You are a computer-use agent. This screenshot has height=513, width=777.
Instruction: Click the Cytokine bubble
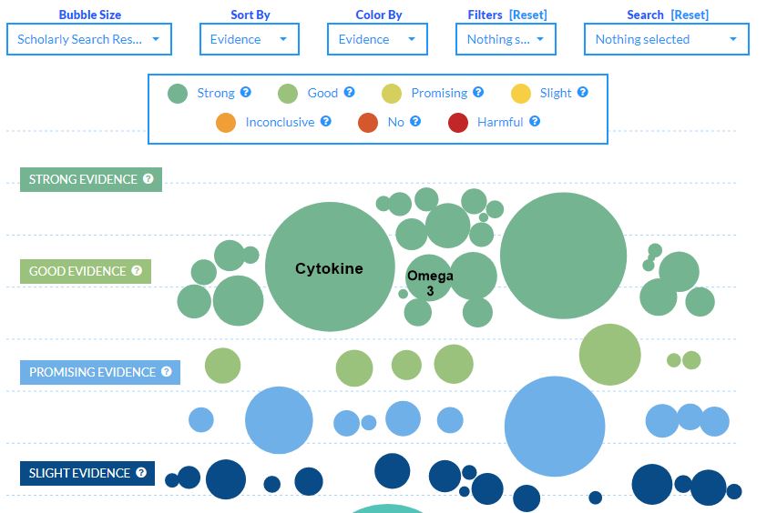tap(330, 267)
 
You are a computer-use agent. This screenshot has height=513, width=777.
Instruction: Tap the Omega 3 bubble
tap(430, 283)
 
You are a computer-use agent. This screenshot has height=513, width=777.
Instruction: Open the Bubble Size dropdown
tap(88, 39)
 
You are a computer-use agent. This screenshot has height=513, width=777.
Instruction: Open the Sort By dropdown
tap(249, 39)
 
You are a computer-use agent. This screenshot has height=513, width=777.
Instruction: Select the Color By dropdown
tap(377, 39)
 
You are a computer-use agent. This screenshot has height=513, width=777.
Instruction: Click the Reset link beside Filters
tap(528, 15)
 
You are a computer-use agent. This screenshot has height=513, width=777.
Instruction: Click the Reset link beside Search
tap(690, 15)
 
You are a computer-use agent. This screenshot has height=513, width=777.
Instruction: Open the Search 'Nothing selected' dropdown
tap(666, 39)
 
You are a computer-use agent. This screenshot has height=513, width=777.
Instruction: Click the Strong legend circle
tap(178, 93)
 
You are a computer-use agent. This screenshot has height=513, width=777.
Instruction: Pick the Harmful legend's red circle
tap(458, 122)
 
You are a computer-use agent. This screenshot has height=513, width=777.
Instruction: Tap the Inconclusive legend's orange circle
tap(226, 122)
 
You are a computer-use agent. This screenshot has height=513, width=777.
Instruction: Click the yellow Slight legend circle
tap(520, 93)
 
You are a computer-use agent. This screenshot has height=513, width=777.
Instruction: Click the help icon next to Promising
tap(478, 93)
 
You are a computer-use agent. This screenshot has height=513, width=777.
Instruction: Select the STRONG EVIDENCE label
tap(90, 179)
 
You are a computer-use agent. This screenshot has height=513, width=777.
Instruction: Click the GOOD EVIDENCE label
tap(85, 271)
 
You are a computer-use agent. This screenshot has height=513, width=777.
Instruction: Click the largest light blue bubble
tap(555, 427)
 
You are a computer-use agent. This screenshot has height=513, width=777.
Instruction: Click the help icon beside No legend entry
tap(415, 122)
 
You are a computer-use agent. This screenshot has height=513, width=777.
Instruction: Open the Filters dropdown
tap(505, 39)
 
